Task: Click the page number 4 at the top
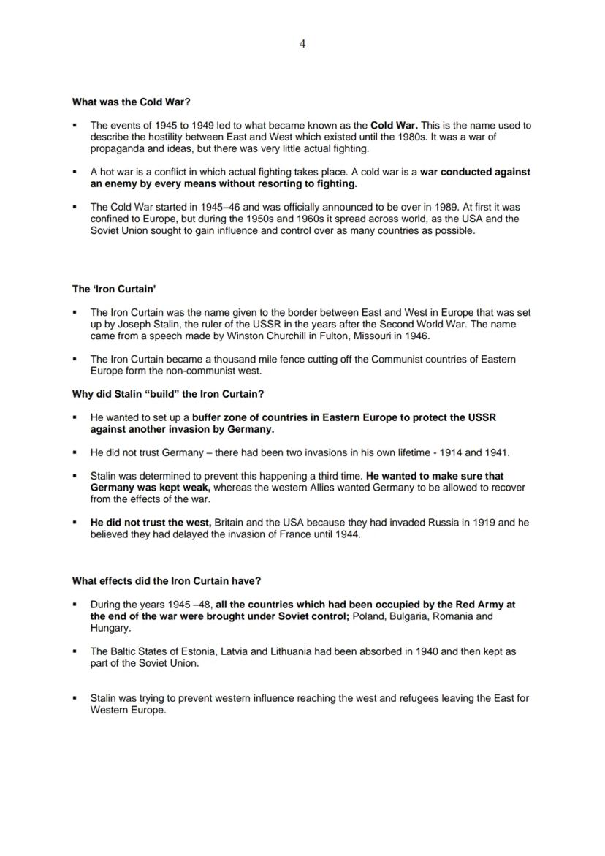pos(302,44)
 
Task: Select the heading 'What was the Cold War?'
pos(131,102)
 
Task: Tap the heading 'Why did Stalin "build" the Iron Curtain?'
pos(168,394)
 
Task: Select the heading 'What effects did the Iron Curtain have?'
pos(167,581)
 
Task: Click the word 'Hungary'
pos(110,628)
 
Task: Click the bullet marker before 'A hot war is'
pos(75,173)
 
